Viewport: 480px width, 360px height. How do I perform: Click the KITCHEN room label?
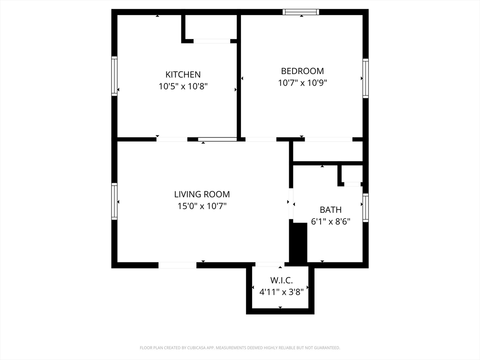183,74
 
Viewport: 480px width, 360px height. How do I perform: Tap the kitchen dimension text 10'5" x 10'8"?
183,86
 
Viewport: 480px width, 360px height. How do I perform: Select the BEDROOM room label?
302,71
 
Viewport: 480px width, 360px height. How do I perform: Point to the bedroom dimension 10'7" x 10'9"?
302,83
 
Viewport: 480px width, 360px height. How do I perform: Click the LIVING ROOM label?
202,194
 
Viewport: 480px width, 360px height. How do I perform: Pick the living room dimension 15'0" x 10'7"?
202,206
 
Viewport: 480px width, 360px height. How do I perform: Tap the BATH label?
330,210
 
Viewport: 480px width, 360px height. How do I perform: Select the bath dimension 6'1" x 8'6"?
330,221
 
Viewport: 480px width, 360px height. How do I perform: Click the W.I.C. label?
281,280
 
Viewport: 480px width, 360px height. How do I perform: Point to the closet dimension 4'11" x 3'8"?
281,292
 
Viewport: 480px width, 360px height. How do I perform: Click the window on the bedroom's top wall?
301,12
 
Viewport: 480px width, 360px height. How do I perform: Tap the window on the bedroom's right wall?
366,78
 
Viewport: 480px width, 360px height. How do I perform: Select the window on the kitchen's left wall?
114,76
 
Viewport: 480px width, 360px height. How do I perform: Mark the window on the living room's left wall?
114,201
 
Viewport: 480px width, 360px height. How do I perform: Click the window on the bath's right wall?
366,208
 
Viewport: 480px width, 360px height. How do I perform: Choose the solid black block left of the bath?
298,243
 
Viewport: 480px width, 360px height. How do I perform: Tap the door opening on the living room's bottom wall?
177,265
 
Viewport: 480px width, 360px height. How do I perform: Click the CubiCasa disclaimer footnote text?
240,348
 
